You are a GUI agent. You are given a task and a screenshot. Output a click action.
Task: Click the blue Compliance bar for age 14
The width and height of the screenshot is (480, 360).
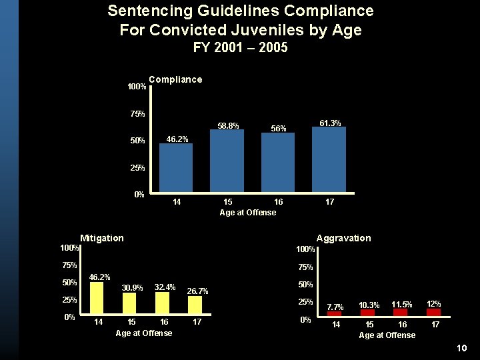pyautogui.click(x=176, y=167)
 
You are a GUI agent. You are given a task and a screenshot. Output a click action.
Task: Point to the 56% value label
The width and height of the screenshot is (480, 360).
pyautogui.click(x=278, y=128)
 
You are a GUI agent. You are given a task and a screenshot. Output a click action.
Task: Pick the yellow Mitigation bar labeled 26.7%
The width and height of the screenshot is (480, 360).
pyautogui.click(x=195, y=304)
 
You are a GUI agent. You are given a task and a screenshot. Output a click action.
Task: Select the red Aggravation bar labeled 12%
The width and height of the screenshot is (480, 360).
pyautogui.click(x=434, y=311)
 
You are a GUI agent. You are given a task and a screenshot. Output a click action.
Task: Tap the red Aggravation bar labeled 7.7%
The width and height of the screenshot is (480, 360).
pyautogui.click(x=335, y=313)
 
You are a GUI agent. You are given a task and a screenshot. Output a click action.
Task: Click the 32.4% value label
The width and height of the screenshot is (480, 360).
pyautogui.click(x=165, y=287)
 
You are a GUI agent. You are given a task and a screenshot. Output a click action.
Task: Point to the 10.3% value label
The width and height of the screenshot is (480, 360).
pyautogui.click(x=369, y=305)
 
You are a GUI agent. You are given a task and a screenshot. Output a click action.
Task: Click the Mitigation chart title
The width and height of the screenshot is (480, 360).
pyautogui.click(x=102, y=238)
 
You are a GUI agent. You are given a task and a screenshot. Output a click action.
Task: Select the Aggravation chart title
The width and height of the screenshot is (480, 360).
pyautogui.click(x=343, y=238)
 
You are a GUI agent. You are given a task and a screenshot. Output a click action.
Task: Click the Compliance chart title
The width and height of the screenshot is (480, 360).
pyautogui.click(x=175, y=79)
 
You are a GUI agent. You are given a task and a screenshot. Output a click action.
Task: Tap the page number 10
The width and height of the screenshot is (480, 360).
pyautogui.click(x=463, y=349)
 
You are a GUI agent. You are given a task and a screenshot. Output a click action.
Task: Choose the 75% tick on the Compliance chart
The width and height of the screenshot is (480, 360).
pyautogui.click(x=137, y=114)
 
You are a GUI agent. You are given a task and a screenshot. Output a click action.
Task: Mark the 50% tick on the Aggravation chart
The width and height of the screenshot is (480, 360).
pyautogui.click(x=306, y=284)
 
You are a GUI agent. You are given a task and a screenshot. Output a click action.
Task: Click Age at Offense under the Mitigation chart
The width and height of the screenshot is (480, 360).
pyautogui.click(x=144, y=333)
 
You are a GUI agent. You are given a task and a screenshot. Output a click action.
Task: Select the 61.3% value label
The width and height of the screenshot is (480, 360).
pyautogui.click(x=331, y=123)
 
